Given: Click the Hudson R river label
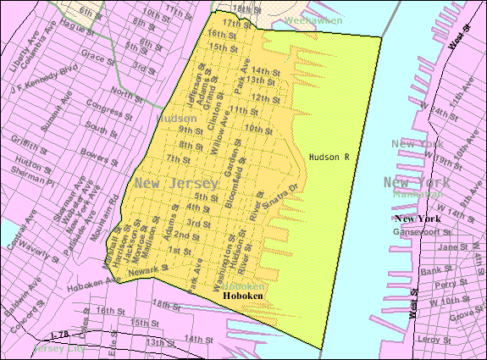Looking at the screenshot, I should pyautogui.click(x=329, y=157).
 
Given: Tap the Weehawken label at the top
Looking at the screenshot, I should pyautogui.click(x=289, y=19).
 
